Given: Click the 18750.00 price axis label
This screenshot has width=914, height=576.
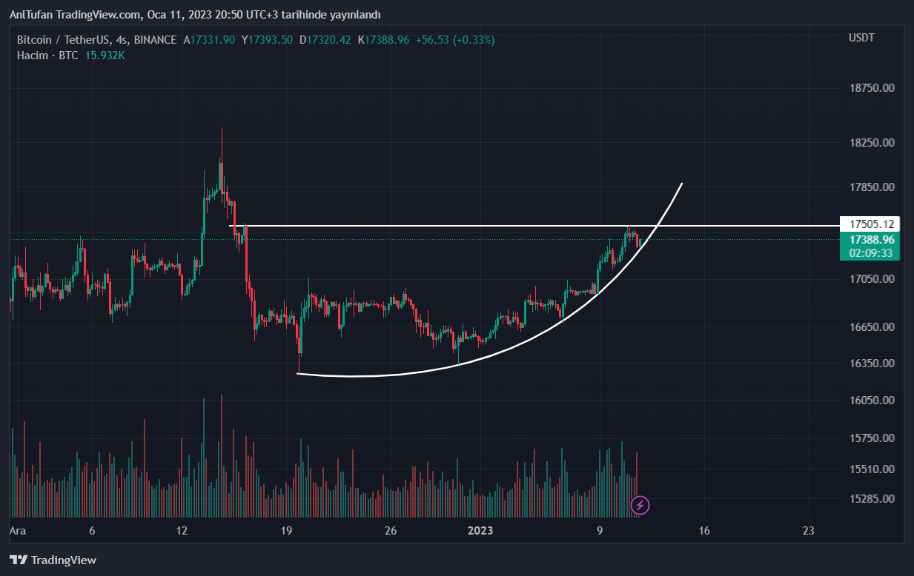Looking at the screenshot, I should point(872,88).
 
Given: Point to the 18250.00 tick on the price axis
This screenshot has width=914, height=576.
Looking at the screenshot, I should point(872,142).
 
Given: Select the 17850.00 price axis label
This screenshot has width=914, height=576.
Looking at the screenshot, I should point(872,187).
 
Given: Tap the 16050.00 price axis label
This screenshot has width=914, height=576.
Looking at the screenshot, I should point(872,401).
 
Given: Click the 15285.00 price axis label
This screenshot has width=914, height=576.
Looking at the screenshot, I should point(872,498).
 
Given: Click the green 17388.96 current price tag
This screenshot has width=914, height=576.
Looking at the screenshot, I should point(872,240).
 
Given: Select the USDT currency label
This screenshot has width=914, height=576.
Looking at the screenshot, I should point(861,38).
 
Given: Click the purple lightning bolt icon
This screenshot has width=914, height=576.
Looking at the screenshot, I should point(640,506).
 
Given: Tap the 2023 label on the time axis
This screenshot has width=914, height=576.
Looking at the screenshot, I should point(480,531).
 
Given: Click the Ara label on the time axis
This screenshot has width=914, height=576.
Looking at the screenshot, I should point(18,531).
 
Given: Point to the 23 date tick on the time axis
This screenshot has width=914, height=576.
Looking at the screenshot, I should point(809,531).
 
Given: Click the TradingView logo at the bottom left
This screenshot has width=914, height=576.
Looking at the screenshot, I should point(53,560).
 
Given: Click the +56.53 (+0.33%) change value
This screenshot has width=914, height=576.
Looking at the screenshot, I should point(454,40).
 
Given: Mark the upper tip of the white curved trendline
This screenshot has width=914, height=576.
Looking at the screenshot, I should point(681,183).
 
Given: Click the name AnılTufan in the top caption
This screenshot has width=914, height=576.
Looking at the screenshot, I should point(33,15).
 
